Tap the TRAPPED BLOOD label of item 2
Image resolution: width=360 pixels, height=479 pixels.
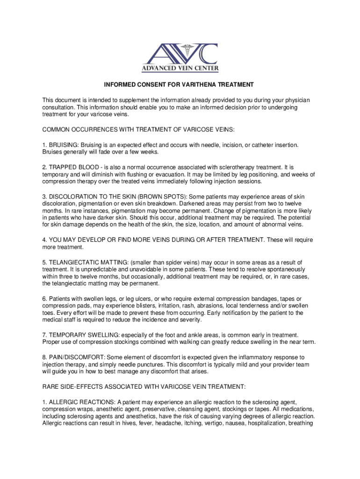coord(72,167)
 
